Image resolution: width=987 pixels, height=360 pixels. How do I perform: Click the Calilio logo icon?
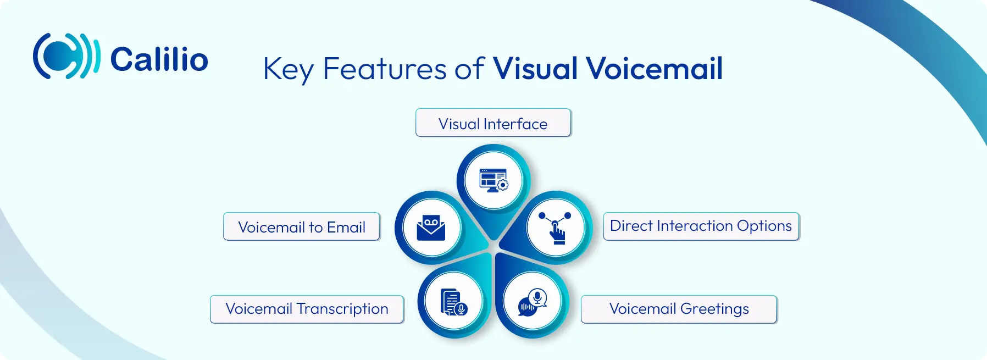coord(66,56)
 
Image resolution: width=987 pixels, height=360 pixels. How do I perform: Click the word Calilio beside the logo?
coord(159,59)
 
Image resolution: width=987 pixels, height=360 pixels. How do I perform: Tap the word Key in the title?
coord(289,70)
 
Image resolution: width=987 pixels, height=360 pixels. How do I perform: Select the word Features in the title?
coord(385,69)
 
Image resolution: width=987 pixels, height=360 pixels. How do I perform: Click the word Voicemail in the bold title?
coord(655,69)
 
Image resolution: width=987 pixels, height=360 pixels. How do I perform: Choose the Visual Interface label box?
coord(493,123)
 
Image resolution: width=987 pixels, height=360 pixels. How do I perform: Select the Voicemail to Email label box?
coord(302,226)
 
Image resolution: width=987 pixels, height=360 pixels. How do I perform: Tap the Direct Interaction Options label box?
coord(701,226)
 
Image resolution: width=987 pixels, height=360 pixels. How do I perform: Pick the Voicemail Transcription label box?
coord(307,309)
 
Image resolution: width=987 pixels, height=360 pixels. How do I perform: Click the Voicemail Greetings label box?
coord(679,309)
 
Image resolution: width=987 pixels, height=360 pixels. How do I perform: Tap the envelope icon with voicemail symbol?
coord(431,228)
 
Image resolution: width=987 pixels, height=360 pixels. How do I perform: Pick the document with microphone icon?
coord(453,302)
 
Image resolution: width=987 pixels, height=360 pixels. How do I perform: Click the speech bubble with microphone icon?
coord(533,302)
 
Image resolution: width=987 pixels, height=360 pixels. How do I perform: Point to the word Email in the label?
coord(346,227)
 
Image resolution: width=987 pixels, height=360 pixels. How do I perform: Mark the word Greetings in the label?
coord(714,309)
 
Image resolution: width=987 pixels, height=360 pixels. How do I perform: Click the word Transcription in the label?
coord(342,309)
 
